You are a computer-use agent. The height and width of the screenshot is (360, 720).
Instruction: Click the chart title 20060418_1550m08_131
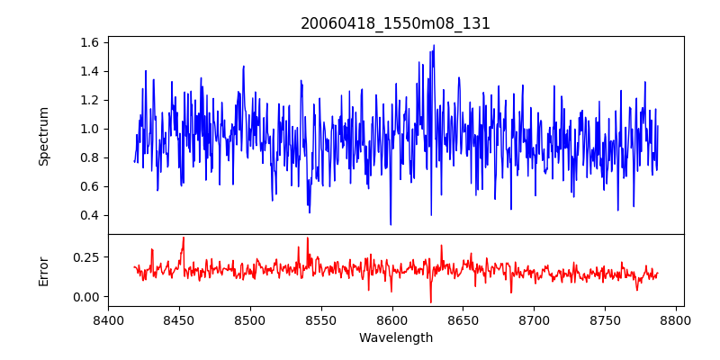395,23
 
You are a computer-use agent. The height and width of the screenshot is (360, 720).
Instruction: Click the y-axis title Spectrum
44,136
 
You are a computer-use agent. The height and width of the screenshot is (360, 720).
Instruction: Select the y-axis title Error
44,270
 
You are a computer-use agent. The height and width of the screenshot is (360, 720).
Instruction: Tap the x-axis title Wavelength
395,338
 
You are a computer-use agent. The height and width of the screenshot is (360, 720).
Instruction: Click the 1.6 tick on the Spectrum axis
90,42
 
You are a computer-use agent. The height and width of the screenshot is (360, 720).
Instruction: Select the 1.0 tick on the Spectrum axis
90,129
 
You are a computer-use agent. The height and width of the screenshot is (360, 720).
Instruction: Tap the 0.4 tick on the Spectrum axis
90,215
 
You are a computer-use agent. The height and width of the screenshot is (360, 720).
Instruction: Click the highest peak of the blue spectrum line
434,45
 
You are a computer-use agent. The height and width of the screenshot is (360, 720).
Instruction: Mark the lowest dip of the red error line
430,302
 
